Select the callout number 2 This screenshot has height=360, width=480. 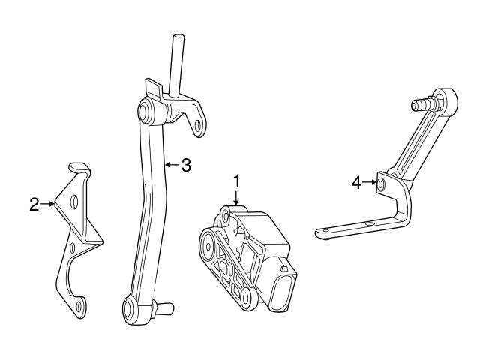34,203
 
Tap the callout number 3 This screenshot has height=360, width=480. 186,165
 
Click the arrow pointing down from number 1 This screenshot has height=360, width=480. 236,199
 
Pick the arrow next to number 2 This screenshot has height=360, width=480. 49,203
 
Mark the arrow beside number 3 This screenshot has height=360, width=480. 171,165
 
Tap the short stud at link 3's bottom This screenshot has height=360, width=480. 163,306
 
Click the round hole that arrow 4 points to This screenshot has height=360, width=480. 382,183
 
